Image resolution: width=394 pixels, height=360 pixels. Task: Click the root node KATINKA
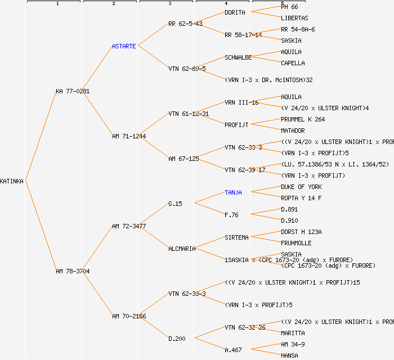pyautogui.click(x=12, y=181)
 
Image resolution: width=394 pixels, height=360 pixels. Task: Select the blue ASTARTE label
pyautogui.click(x=124, y=46)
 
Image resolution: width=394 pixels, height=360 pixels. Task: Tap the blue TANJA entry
pyautogui.click(x=233, y=192)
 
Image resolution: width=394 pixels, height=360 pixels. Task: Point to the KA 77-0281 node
pyautogui.click(x=73, y=91)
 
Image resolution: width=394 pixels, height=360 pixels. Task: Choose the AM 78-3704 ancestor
pyautogui.click(x=73, y=271)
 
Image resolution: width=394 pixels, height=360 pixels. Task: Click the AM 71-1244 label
pyautogui.click(x=129, y=136)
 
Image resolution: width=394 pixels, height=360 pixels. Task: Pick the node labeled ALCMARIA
pyautogui.click(x=182, y=249)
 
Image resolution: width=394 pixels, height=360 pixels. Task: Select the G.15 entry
pyautogui.click(x=175, y=204)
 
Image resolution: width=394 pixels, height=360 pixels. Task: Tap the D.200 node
pyautogui.click(x=177, y=339)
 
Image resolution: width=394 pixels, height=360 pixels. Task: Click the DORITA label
pyautogui.click(x=235, y=12)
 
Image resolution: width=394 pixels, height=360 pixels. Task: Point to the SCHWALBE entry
pyautogui.click(x=238, y=57)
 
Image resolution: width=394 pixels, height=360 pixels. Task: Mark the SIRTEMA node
pyautogui.click(x=236, y=237)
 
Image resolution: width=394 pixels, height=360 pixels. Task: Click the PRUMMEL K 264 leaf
pyautogui.click(x=303, y=119)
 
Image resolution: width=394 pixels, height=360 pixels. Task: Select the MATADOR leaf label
pyautogui.click(x=293, y=130)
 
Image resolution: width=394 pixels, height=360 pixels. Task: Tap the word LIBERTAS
pyautogui.click(x=294, y=18)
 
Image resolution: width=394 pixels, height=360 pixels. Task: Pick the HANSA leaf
pyautogui.click(x=289, y=355)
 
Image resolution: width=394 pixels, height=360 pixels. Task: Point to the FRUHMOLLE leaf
pyautogui.click(x=296, y=243)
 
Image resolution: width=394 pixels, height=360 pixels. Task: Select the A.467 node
pyautogui.click(x=233, y=350)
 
